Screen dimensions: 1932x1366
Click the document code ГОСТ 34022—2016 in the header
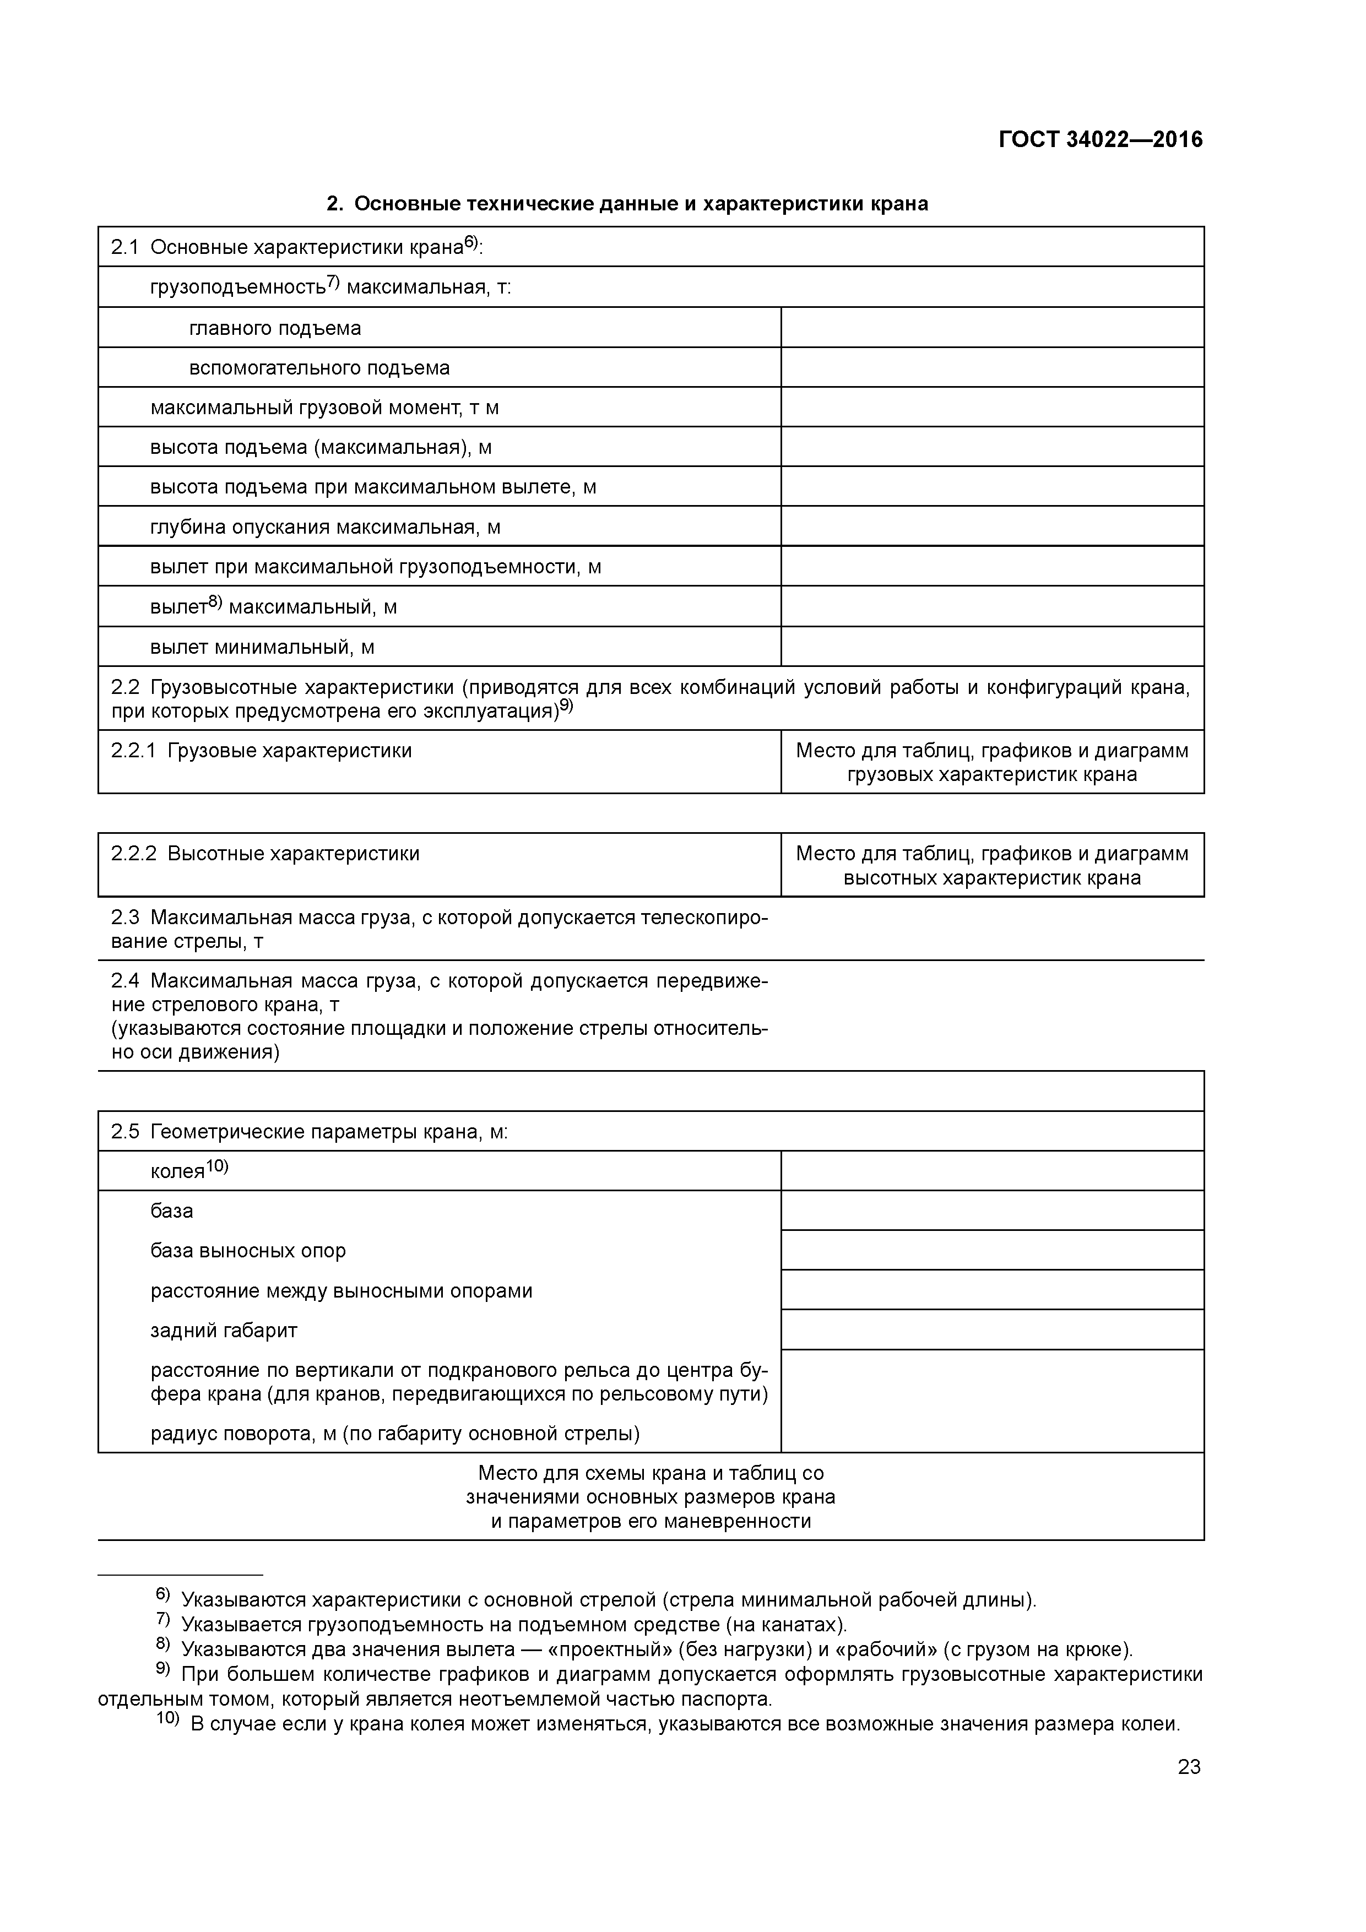[1100, 140]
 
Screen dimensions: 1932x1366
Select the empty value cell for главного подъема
[991, 327]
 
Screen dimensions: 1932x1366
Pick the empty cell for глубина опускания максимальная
[991, 527]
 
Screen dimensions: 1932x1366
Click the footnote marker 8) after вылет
[215, 601]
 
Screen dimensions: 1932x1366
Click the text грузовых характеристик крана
[991, 774]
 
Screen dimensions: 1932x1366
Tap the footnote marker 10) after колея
[217, 1166]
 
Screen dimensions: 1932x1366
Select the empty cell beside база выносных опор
[991, 1250]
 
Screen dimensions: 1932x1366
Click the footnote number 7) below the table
[162, 1620]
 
